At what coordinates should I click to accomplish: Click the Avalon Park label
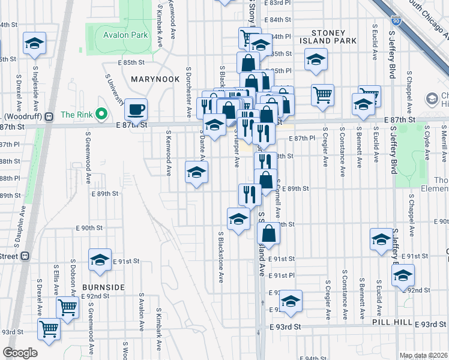click(125, 35)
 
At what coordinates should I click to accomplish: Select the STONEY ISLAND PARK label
click(328, 37)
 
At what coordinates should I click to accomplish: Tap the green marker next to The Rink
click(101, 113)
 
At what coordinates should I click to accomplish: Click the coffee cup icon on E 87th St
click(136, 109)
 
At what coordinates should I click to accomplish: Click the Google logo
click(20, 353)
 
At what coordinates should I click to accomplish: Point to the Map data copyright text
click(423, 355)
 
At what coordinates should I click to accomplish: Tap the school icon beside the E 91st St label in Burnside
click(100, 259)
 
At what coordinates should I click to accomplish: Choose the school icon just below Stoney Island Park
click(315, 60)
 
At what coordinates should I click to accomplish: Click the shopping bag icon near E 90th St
click(270, 233)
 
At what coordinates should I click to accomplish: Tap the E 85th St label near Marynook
click(131, 62)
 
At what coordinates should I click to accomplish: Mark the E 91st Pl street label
click(282, 275)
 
